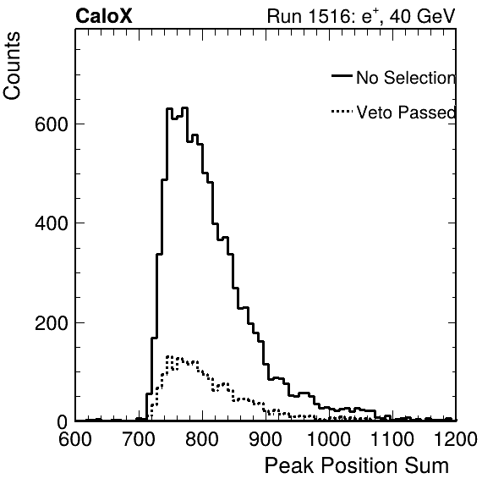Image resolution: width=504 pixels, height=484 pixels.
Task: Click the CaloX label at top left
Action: pos(104,16)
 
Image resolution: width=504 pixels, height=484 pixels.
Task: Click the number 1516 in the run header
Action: pos(329,16)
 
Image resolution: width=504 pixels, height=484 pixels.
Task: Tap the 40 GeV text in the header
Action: pos(423,16)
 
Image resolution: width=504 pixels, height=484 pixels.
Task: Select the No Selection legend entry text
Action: pos(406,78)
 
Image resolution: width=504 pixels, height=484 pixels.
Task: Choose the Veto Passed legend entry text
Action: pos(406,113)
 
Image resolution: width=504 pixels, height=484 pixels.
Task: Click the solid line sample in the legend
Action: pos(342,75)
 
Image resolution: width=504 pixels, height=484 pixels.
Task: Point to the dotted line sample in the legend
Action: pos(342,112)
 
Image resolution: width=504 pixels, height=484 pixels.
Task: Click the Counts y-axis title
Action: pos(12,66)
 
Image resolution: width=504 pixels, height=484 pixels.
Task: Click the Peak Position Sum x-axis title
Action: pos(357,465)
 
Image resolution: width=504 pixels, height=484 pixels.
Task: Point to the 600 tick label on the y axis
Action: pos(52,124)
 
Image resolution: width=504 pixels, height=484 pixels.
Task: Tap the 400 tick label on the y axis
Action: pos(52,223)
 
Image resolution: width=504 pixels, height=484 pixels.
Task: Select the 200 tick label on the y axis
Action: pos(52,322)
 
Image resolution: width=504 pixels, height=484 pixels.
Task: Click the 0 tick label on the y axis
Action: pos(63,422)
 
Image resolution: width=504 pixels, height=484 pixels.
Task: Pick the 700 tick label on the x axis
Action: pos(139,439)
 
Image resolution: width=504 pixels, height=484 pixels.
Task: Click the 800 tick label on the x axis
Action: pos(202,439)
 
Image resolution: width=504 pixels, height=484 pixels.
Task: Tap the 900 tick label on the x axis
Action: pos(266,439)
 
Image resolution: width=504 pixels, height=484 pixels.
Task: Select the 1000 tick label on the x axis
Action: pos(329,439)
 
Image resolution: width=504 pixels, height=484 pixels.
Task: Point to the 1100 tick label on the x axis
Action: pos(392,439)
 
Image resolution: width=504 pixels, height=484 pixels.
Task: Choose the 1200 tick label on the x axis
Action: pos(456,439)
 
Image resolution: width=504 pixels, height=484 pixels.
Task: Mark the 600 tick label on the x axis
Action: pos(75,439)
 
